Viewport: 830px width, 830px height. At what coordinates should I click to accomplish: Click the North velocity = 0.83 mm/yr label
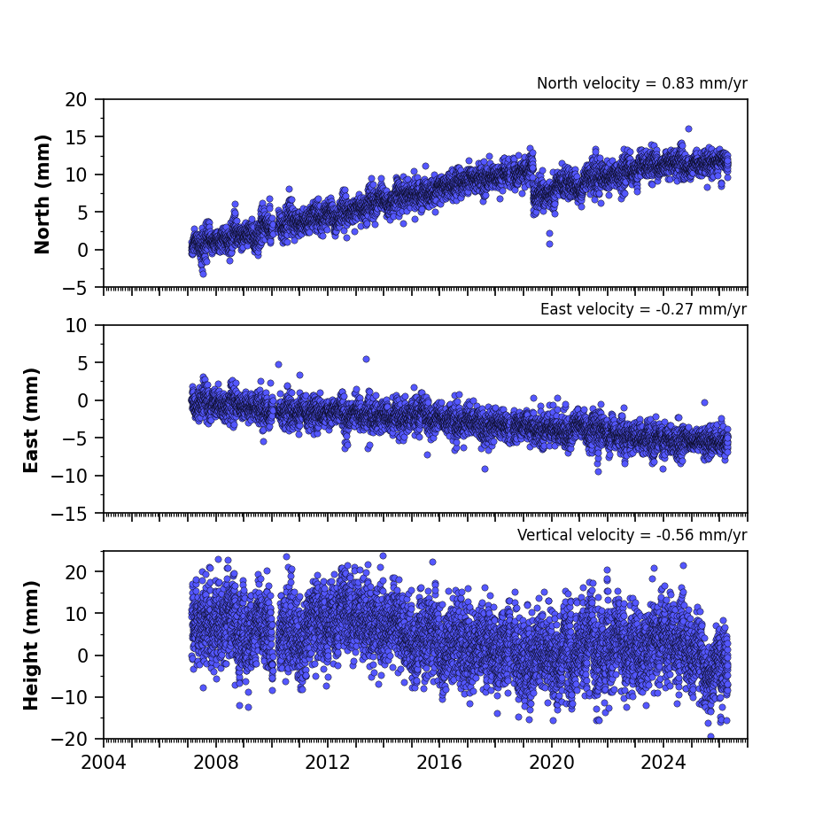[x=642, y=83]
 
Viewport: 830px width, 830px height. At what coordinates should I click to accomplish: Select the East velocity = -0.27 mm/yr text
[x=644, y=309]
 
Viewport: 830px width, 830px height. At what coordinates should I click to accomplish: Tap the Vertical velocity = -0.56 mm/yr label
[x=632, y=535]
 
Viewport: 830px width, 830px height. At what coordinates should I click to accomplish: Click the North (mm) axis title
[x=42, y=194]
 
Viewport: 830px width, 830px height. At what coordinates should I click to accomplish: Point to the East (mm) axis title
[x=31, y=420]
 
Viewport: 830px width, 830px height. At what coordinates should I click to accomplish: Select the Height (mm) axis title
[x=31, y=645]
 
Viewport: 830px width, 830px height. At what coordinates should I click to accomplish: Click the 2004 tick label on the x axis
[x=104, y=763]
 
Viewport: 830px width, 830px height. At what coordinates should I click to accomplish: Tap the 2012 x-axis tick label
[x=327, y=763]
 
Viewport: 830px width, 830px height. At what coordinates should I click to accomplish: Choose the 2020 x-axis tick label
[x=552, y=763]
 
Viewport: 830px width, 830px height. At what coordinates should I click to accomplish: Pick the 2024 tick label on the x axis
[x=663, y=763]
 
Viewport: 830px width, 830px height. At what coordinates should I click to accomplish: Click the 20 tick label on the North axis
[x=75, y=99]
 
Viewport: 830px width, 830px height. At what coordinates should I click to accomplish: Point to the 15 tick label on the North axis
[x=75, y=137]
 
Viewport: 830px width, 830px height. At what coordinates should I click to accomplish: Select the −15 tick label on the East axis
[x=69, y=514]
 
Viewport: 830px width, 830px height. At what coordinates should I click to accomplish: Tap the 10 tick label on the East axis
[x=75, y=326]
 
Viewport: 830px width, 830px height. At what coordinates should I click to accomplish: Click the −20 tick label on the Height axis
[x=69, y=739]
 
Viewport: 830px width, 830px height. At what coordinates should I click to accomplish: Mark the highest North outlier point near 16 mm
[x=688, y=129]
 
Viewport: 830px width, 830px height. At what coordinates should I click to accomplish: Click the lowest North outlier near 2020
[x=549, y=244]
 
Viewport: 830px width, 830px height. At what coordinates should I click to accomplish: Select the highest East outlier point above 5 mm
[x=366, y=360]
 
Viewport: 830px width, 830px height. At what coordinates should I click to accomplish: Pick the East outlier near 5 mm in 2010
[x=278, y=365]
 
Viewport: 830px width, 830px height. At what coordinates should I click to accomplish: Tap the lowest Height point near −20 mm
[x=711, y=736]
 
